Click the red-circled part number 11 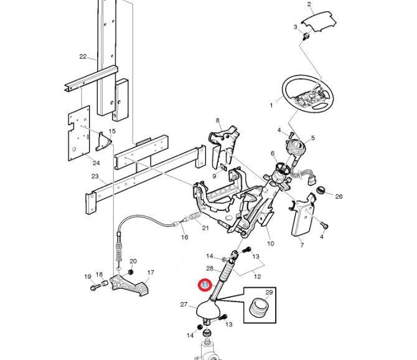click(205, 285)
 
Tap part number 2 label click(309, 5)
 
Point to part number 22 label click(83, 57)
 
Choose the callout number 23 click(95, 176)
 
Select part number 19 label click(88, 277)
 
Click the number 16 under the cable click(184, 237)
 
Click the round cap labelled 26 click(322, 189)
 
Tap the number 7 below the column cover click(302, 245)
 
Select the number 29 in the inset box click(269, 292)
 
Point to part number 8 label click(218, 120)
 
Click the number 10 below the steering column click(270, 244)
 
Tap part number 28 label click(210, 268)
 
